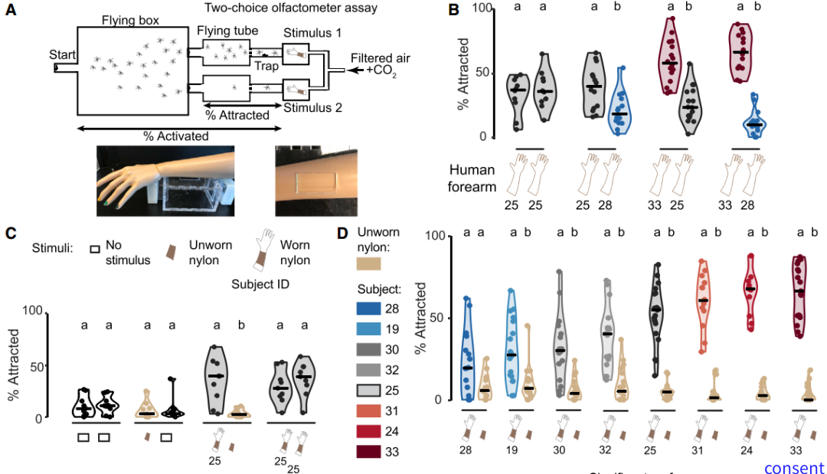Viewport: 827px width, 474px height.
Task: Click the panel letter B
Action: click(453, 11)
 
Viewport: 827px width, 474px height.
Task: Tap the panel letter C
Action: click(11, 233)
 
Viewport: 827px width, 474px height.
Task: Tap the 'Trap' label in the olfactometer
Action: click(268, 67)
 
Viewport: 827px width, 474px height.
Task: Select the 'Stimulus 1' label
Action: click(312, 34)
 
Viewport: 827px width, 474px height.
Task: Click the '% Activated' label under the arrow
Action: click(175, 136)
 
